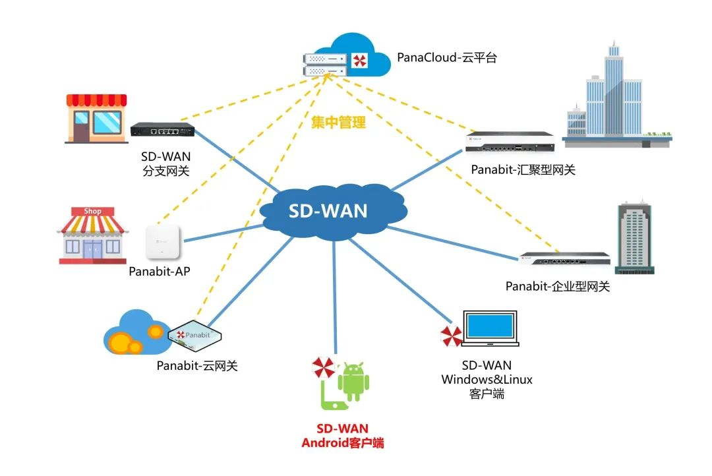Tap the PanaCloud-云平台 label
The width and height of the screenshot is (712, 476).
(446, 58)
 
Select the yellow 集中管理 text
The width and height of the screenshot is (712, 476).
(338, 122)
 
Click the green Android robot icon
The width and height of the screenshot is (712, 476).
(353, 380)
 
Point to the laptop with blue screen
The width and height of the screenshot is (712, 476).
(490, 328)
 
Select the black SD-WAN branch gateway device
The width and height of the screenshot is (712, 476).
(162, 129)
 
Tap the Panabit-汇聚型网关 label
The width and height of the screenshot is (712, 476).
(523, 170)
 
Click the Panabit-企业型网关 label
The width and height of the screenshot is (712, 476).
(558, 287)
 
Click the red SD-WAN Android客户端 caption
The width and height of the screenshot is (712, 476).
(343, 436)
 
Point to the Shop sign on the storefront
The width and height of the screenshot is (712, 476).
(93, 212)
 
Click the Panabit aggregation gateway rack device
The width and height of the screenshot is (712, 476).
(510, 140)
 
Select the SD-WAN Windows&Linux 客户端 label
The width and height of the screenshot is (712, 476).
(487, 380)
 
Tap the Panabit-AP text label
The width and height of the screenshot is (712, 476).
(160, 272)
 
